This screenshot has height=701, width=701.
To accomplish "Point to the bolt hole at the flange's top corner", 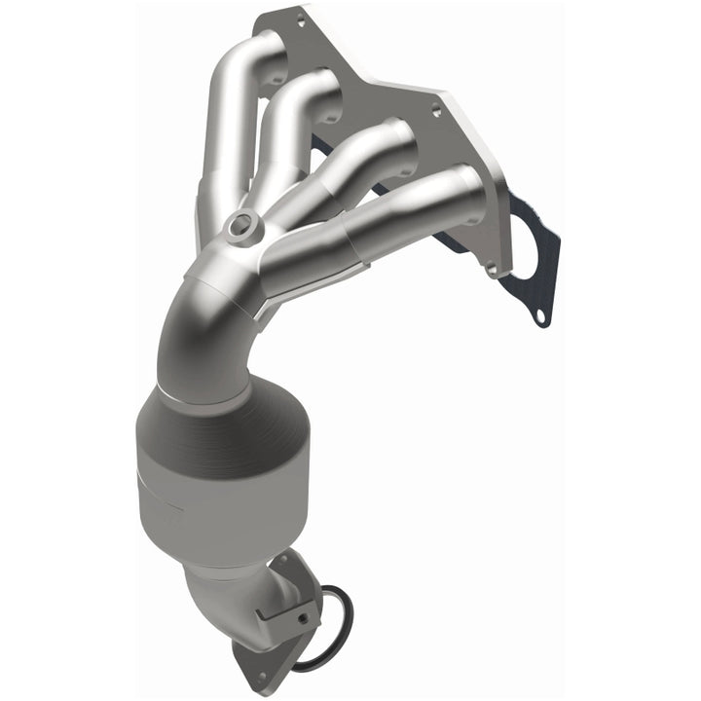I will coord(300,18).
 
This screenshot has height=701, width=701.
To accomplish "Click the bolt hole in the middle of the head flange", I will coord(435,112).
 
